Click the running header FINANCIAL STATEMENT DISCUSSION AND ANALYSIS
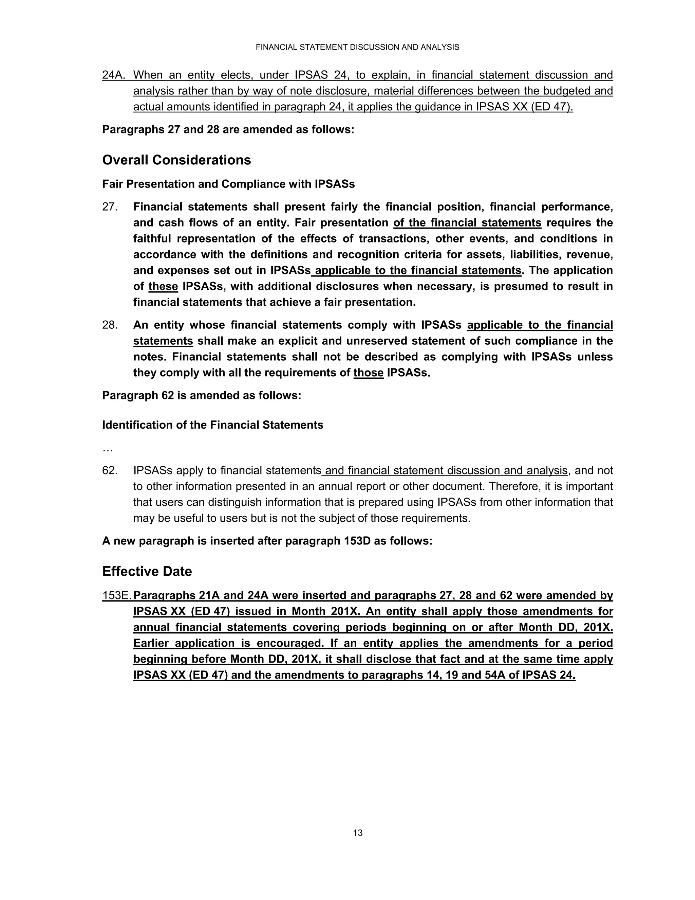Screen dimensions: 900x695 pyautogui.click(x=357, y=48)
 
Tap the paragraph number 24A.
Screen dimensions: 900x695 pyautogui.click(x=114, y=75)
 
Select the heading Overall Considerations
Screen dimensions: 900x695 pyautogui.click(x=176, y=160)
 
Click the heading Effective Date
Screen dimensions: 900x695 pyautogui.click(x=147, y=571)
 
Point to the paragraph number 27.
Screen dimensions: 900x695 pyautogui.click(x=110, y=207)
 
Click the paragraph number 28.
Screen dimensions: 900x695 pyautogui.click(x=110, y=325)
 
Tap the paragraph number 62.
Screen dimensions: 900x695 pyautogui.click(x=110, y=470)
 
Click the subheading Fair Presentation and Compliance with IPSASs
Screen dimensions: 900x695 pyautogui.click(x=228, y=184)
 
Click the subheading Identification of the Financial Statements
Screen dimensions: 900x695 pyautogui.click(x=212, y=425)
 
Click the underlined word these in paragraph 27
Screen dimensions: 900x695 pyautogui.click(x=163, y=286)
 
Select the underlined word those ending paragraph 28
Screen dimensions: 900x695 pyautogui.click(x=368, y=373)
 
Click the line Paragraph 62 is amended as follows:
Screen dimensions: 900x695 pyautogui.click(x=201, y=396)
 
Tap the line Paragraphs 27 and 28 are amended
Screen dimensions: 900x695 pyautogui.click(x=228, y=129)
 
